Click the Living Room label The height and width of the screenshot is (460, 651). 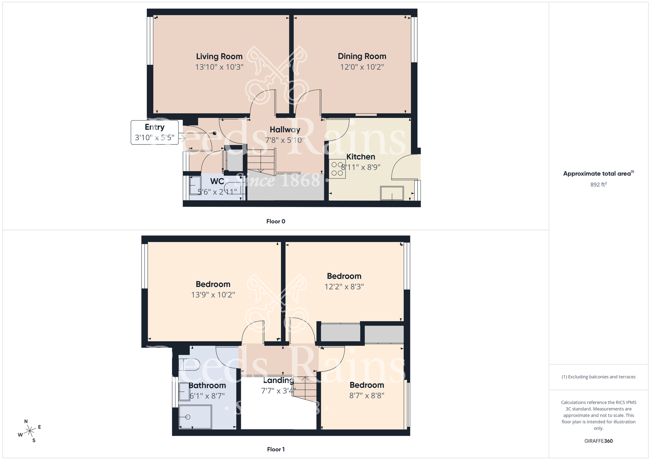click(x=219, y=56)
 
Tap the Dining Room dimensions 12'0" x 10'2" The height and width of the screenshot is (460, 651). click(x=362, y=67)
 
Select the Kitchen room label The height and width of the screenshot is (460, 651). click(x=361, y=157)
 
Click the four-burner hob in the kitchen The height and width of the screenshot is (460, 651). click(x=337, y=169)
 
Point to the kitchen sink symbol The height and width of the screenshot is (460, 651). click(x=392, y=193)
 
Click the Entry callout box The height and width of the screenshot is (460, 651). click(x=155, y=132)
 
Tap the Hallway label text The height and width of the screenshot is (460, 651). click(x=285, y=129)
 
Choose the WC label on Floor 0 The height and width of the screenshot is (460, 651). click(x=217, y=181)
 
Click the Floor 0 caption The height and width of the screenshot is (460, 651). click(x=276, y=222)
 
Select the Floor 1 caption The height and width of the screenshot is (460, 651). click(x=276, y=449)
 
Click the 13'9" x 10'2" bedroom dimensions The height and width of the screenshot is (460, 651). click(x=213, y=295)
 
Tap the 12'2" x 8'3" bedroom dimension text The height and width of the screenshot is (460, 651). click(x=344, y=287)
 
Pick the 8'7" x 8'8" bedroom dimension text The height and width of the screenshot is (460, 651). click(x=367, y=396)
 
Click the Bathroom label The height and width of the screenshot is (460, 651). click(x=207, y=386)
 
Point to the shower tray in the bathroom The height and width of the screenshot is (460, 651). click(x=195, y=417)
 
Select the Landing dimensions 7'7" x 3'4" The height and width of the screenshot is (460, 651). click(x=278, y=391)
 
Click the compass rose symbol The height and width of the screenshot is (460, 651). click(x=30, y=431)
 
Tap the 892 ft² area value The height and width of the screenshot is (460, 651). click(x=598, y=184)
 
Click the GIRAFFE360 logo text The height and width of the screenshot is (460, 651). click(x=598, y=441)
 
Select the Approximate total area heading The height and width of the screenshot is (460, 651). click(x=598, y=173)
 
